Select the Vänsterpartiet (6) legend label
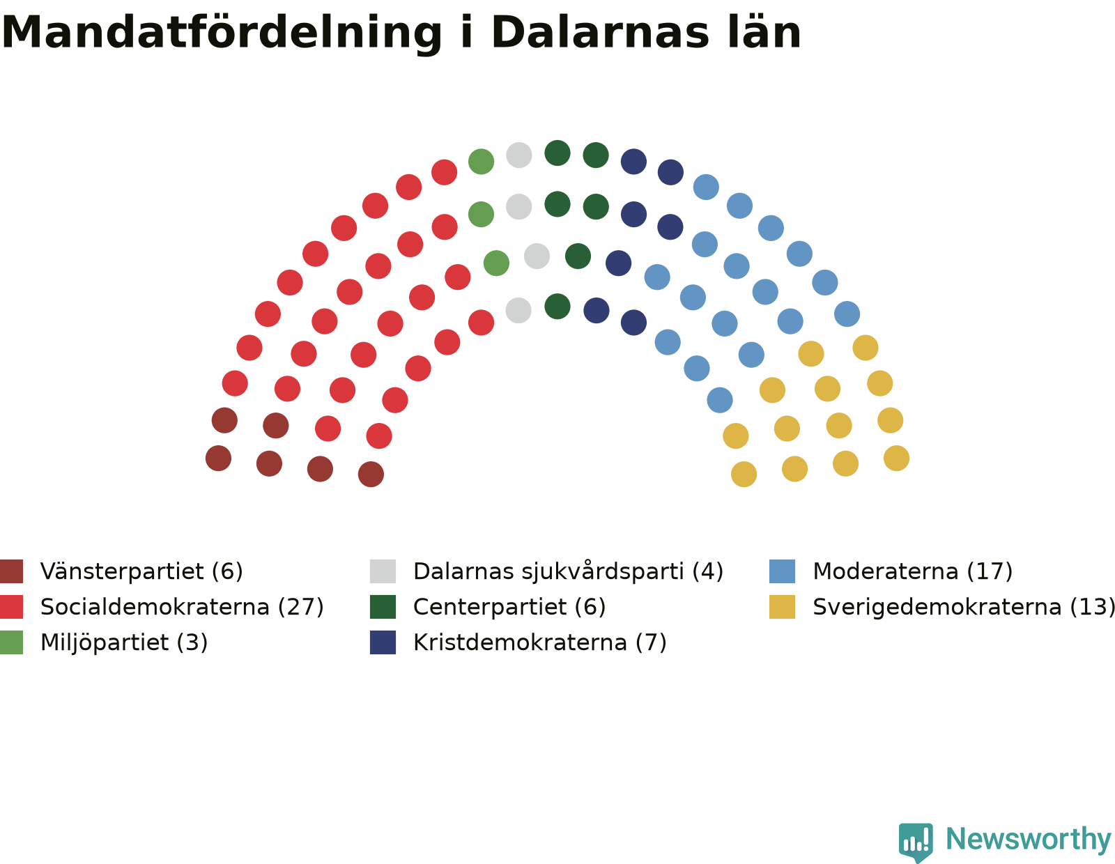click(x=141, y=571)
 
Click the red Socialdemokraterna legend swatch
click(x=11, y=607)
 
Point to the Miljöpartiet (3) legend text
click(x=124, y=642)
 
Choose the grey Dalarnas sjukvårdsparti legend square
click(x=383, y=571)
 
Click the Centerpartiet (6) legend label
click(x=509, y=607)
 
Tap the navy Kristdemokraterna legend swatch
click(x=383, y=642)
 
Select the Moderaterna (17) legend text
click(x=913, y=571)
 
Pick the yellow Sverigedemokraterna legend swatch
click(x=782, y=607)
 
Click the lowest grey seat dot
click(x=518, y=310)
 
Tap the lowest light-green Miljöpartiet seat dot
click(x=496, y=263)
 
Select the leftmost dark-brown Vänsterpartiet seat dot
click(x=218, y=458)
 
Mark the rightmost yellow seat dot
click(x=896, y=458)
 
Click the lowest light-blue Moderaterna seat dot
click(x=720, y=400)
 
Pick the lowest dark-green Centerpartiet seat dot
click(x=557, y=307)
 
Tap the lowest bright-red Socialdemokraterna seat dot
click(x=379, y=436)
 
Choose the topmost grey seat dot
click(x=518, y=155)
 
